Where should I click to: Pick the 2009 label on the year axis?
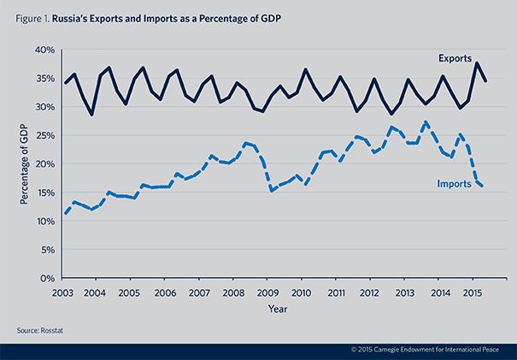click(267, 292)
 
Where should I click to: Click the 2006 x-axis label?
click(163, 292)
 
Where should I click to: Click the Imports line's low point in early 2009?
click(270, 190)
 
